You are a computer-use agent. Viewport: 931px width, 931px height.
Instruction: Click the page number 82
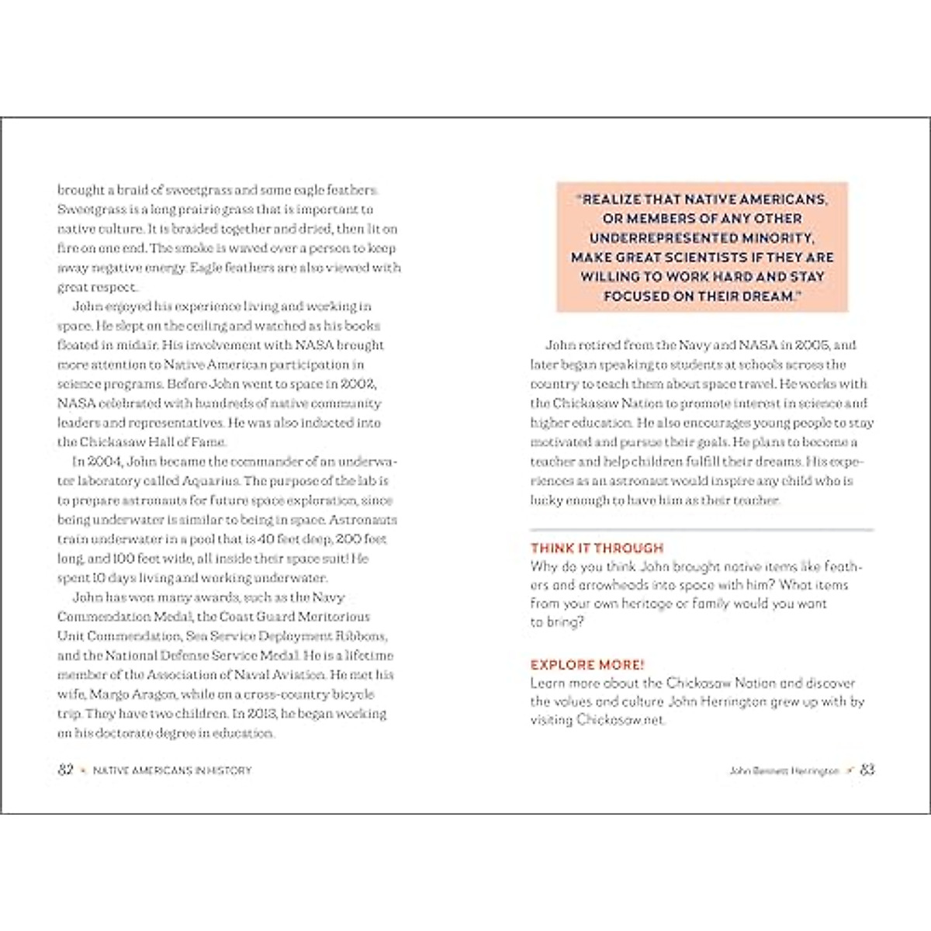(x=65, y=770)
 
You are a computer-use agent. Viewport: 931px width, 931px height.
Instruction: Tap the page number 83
(x=867, y=770)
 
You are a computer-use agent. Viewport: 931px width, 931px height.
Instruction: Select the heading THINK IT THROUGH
(x=597, y=548)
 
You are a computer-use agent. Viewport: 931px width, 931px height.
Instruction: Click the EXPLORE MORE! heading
(x=587, y=665)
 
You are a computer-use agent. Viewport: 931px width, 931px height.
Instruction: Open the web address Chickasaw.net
(x=620, y=720)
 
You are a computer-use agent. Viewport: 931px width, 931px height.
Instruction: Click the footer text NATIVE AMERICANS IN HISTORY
(x=172, y=770)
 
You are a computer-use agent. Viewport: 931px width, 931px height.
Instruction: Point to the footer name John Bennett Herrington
(x=784, y=770)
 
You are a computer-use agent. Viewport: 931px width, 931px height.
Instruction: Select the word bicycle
(x=352, y=694)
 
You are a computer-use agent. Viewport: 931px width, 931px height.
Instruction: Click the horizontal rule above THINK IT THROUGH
(x=701, y=529)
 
